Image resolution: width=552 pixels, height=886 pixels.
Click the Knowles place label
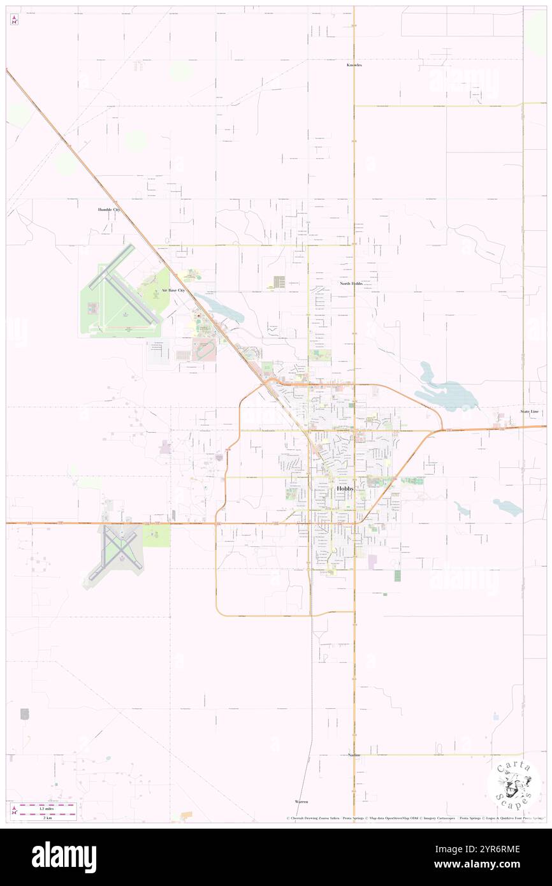click(x=354, y=65)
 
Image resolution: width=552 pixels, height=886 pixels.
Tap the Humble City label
click(x=109, y=209)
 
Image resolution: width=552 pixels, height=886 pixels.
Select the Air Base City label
click(x=173, y=290)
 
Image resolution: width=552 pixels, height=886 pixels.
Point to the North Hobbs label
click(x=351, y=283)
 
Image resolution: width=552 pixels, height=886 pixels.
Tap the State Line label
click(x=529, y=412)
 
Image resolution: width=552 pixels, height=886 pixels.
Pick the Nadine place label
click(x=354, y=755)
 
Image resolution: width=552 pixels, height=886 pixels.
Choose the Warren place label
click(x=301, y=801)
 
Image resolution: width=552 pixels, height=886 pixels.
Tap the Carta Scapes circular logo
click(x=516, y=785)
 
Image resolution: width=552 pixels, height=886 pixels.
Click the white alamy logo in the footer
click(x=64, y=857)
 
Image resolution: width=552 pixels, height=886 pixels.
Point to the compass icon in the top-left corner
click(x=14, y=19)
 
